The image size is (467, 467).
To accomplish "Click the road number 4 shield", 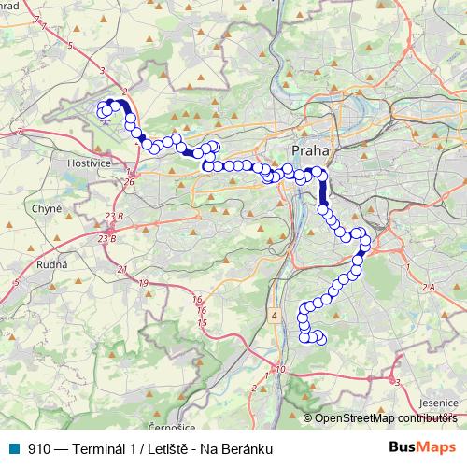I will pyautogui.click(x=275, y=316).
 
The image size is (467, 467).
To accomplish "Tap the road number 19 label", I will pyautogui.click(x=143, y=283).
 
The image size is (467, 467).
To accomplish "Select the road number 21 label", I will pyautogui.click(x=122, y=269).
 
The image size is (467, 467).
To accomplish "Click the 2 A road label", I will pyautogui.click(x=429, y=288).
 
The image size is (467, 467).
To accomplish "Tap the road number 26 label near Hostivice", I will pyautogui.click(x=128, y=181).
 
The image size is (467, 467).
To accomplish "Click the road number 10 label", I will pyautogui.click(x=281, y=370).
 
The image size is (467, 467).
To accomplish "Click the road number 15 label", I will pyautogui.click(x=202, y=322).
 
